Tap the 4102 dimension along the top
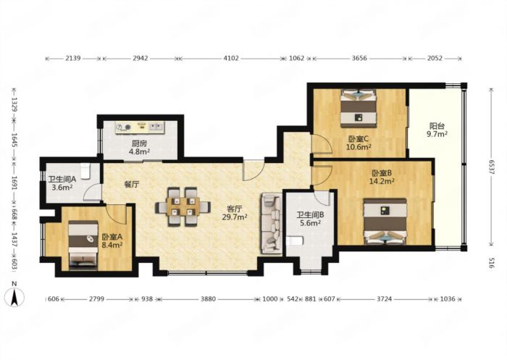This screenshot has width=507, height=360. [231, 58]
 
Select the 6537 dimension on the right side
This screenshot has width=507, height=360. [492, 167]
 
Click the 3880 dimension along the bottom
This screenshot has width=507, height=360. [208, 299]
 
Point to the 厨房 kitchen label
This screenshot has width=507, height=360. [139, 143]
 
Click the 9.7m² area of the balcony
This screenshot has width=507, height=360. [437, 134]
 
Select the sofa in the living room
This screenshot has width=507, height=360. [271, 223]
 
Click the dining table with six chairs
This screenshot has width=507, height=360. [183, 206]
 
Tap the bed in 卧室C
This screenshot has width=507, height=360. [359, 109]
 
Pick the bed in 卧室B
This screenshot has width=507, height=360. [385, 221]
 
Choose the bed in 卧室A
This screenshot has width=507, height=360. [83, 245]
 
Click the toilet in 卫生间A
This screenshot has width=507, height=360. [85, 171]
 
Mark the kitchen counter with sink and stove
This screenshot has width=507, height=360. [140, 127]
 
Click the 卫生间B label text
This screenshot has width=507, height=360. [311, 214]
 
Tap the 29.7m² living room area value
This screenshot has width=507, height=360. [235, 217]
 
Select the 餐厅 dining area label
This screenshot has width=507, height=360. [132, 185]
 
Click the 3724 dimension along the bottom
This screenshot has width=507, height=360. [384, 299]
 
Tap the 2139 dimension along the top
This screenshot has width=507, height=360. [72, 58]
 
